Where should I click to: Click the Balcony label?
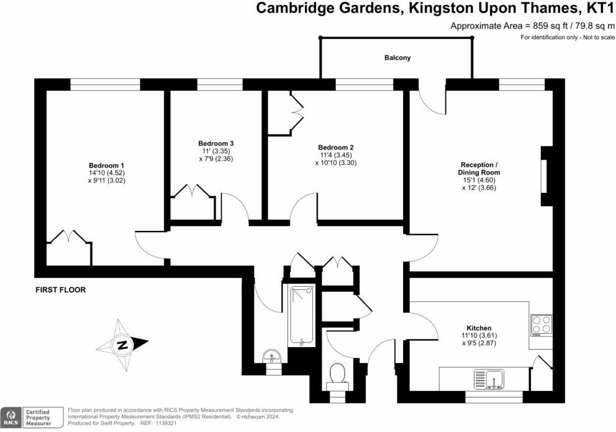[397, 58]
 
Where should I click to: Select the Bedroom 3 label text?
[212, 143]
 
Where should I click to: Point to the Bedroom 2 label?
[335, 147]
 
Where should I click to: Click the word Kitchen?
[479, 328]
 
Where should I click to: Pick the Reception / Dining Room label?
[479, 168]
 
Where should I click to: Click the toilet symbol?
[338, 374]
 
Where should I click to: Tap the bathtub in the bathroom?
[302, 315]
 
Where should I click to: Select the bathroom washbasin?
[271, 357]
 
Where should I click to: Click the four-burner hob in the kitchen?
[540, 324]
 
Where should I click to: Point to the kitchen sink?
[489, 377]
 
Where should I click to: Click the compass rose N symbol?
[123, 344]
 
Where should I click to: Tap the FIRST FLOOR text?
[60, 290]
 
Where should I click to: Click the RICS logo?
[11, 417]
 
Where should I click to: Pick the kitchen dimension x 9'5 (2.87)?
[479, 344]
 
